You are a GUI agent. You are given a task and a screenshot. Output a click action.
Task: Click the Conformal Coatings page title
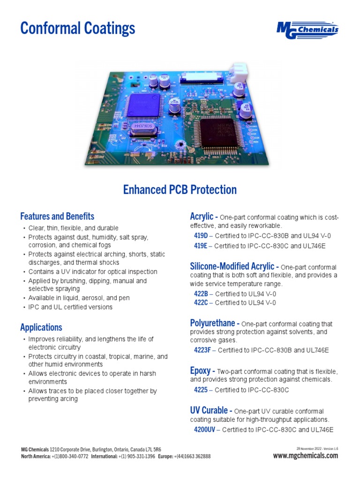tap(78, 29)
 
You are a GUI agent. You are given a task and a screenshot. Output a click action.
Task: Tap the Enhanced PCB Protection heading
tap(180, 190)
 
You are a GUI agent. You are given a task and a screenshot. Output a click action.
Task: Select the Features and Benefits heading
tap(57, 217)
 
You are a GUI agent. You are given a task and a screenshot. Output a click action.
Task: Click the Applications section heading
tap(41, 327)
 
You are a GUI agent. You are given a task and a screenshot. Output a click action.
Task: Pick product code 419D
tap(201, 236)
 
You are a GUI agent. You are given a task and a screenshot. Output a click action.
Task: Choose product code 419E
tap(201, 246)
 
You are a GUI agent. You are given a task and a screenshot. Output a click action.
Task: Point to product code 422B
tap(201, 294)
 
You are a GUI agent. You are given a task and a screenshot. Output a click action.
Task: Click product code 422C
tap(201, 303)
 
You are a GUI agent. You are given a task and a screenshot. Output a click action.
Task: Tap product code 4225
tap(201, 390)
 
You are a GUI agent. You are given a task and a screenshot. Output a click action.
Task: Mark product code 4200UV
tap(204, 429)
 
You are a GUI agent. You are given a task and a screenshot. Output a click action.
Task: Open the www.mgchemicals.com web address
tap(305, 456)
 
